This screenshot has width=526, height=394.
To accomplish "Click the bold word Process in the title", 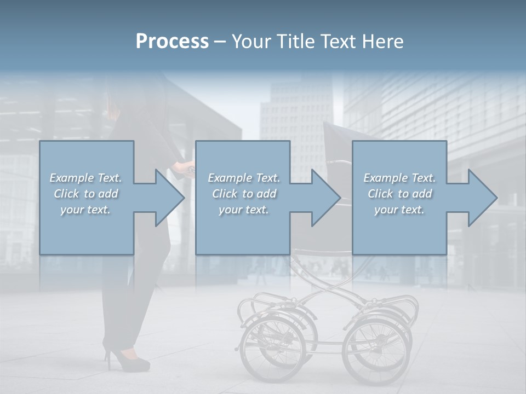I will [x=172, y=42].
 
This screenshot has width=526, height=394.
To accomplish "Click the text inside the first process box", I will [x=86, y=194].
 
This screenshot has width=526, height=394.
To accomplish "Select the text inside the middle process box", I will [x=243, y=194].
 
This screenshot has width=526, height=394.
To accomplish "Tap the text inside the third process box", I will [x=399, y=194].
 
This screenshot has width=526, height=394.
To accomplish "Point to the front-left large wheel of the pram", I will [x=272, y=345].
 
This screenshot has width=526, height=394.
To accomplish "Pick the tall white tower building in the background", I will [x=296, y=120].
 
